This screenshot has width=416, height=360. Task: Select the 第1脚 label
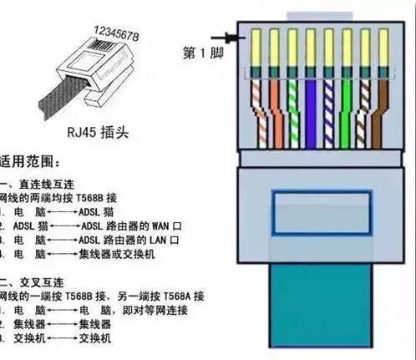[x=200, y=53]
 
